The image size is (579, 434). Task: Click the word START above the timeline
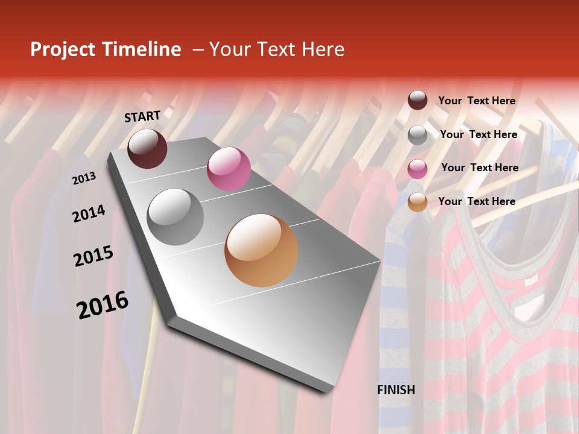142,116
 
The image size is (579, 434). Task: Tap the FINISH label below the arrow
396,390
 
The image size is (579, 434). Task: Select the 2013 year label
84,178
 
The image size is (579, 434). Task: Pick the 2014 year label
89,213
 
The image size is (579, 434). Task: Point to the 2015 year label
93,256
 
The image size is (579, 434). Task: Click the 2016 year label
102,304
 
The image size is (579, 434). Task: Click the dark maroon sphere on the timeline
147,148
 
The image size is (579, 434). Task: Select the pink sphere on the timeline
229,169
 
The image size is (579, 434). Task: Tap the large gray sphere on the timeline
176,216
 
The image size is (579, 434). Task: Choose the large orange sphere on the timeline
261,250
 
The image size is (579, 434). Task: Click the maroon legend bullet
417,101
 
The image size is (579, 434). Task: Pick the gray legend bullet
417,135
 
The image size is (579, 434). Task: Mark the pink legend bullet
417,169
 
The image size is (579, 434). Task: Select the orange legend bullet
417,203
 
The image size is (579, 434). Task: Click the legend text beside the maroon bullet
476,101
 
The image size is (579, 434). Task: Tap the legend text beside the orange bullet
476,201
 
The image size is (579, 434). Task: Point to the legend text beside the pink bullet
479,168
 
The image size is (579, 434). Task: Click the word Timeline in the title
142,49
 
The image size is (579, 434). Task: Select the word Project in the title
63,49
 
